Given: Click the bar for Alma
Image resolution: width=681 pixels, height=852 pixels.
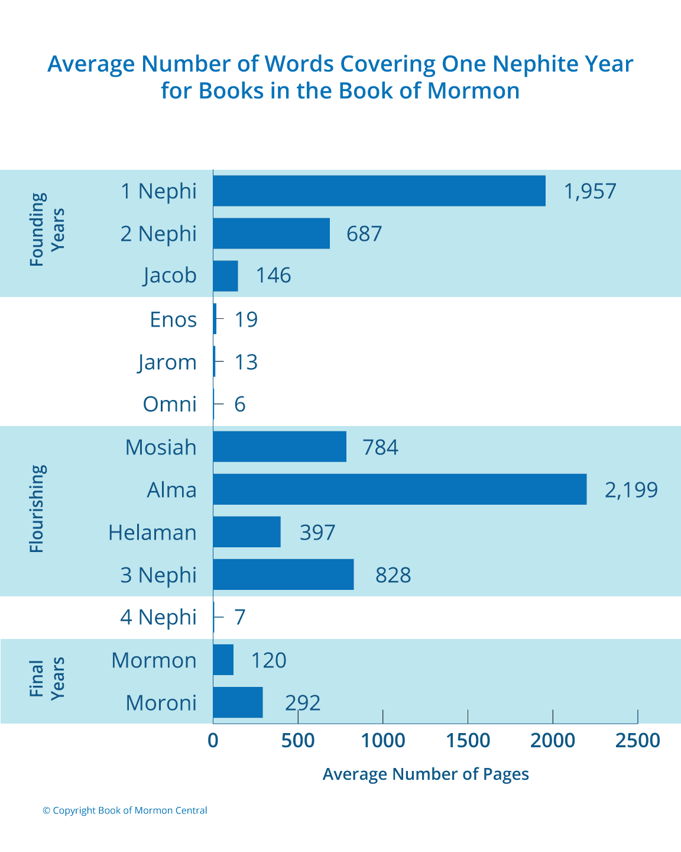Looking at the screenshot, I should coord(400,489).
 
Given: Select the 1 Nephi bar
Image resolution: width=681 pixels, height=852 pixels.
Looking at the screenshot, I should coord(379,191).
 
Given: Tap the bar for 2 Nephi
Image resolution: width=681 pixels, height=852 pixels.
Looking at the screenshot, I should coord(271,233).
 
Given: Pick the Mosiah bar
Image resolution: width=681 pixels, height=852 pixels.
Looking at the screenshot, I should coord(280,447).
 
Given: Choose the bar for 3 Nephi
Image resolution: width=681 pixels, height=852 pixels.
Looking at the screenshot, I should coord(283,575).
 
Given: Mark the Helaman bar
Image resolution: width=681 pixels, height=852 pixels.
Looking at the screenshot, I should coord(247,532).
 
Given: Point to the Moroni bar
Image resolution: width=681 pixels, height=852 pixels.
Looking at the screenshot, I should coord(238,702).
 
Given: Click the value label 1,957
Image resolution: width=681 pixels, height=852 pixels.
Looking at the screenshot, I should coord(590,191).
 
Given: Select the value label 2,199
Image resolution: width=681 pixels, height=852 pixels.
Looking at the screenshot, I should coord(631,490).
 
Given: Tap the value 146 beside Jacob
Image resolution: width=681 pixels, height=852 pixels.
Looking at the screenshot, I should coord(273,276).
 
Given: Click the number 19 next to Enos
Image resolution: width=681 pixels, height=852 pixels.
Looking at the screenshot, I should coord(246,319).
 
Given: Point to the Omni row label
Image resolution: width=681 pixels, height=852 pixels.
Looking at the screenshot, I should coord(170,404).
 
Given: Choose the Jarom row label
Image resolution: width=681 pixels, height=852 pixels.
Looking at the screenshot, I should coord(167,362).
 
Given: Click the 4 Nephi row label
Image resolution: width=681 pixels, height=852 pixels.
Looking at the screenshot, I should coord(158,617).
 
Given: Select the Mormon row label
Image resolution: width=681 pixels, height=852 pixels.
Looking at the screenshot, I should coord(154,660).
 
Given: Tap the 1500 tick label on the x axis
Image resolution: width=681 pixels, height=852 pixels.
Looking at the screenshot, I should coord(468,740).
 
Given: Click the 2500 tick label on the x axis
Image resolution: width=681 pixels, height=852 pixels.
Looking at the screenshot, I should coord(637,740).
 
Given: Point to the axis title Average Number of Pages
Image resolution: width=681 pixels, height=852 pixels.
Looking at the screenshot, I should coord(426,774).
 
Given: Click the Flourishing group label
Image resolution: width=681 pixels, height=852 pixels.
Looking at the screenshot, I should coord(37,509).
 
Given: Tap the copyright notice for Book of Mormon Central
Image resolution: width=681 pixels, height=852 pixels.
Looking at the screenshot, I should coord(125,811).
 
